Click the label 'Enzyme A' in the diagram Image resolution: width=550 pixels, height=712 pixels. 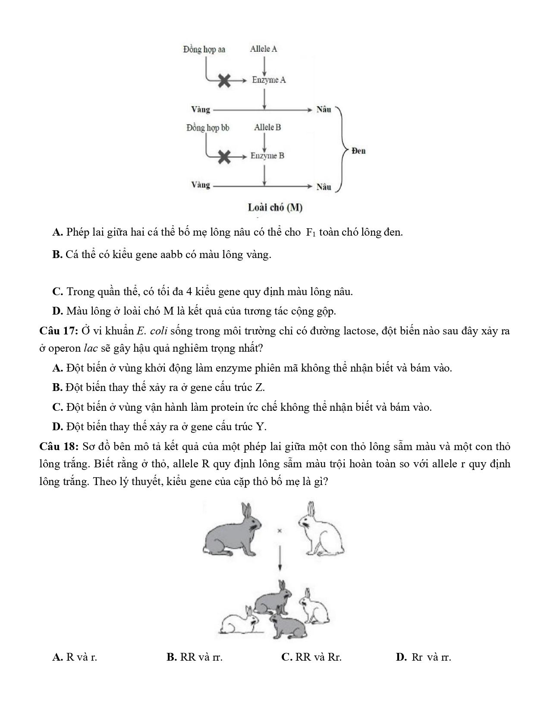269,80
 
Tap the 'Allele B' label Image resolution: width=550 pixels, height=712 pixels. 267,127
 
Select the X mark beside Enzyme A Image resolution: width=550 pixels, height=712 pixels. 224,80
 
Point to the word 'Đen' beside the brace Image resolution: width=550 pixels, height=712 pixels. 358,151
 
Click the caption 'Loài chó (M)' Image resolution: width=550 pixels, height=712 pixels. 275,208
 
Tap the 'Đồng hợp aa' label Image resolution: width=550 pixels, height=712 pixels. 204,49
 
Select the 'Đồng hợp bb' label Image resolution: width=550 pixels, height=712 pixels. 208,128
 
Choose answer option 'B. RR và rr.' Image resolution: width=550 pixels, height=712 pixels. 195,657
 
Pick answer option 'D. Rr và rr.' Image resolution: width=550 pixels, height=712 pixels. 424,657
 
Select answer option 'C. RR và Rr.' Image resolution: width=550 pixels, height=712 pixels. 311,657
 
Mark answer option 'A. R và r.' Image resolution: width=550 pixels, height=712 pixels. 75,657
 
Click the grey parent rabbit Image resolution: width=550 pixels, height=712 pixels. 232,531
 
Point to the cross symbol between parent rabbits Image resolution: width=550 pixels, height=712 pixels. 280,531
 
